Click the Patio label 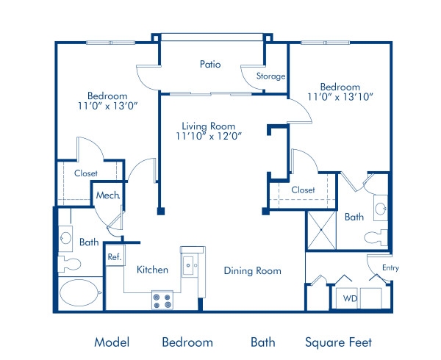210,65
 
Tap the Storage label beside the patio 270,76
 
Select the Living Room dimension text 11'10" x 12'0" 209,135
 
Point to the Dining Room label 252,271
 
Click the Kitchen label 152,270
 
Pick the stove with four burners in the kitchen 162,300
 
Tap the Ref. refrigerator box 115,257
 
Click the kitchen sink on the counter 189,264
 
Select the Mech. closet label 107,195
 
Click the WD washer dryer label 350,298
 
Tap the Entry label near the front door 390,267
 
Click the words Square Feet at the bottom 338,342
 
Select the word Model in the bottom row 112,342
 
